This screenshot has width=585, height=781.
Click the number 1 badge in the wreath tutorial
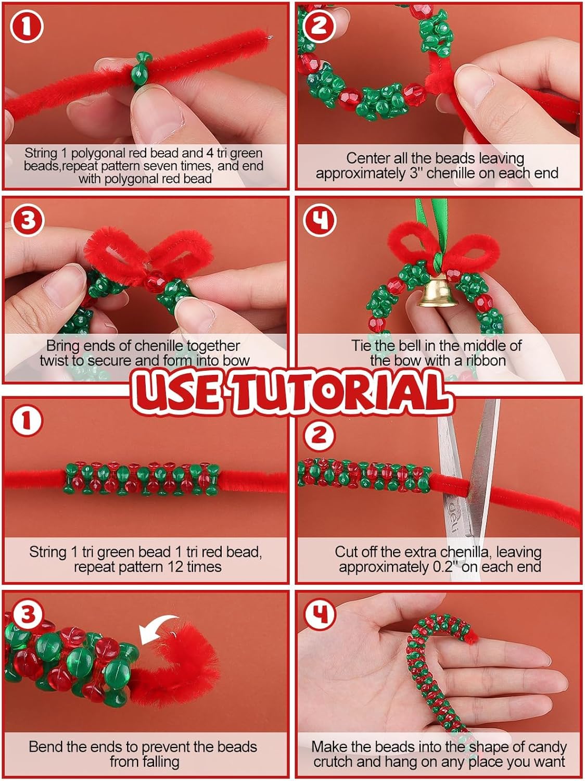pyautogui.click(x=27, y=27)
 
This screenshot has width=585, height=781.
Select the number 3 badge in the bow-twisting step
pyautogui.click(x=28, y=220)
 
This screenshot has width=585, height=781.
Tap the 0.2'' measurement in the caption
pyautogui.click(x=442, y=567)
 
